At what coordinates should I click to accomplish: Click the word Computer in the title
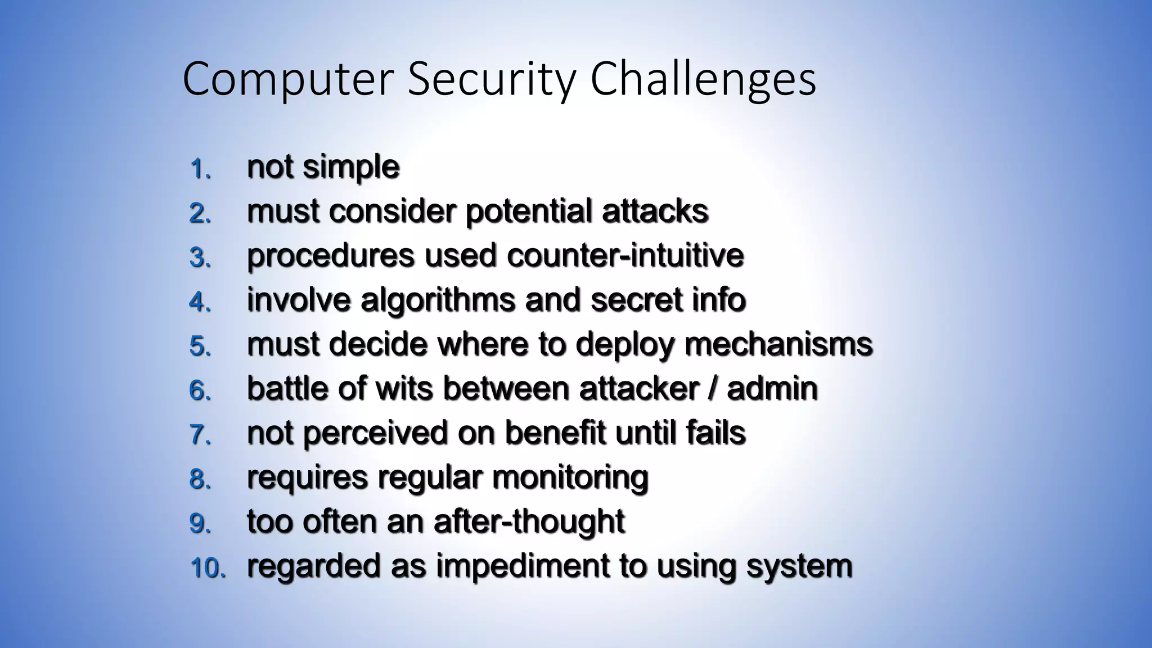click(x=287, y=80)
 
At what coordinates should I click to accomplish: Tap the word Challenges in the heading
click(x=703, y=80)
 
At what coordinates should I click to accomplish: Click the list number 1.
click(x=200, y=168)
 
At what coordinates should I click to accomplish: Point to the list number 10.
click(x=207, y=568)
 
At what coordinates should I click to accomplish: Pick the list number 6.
click(x=200, y=390)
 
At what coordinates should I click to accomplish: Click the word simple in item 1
click(x=351, y=167)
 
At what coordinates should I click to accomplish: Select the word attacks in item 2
click(x=655, y=211)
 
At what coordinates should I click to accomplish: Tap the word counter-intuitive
click(x=625, y=255)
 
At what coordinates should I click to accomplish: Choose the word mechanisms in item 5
click(x=778, y=344)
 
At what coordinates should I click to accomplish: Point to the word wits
click(x=404, y=388)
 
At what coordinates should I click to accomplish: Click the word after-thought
click(x=529, y=521)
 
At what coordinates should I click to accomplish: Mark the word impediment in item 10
click(x=523, y=566)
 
